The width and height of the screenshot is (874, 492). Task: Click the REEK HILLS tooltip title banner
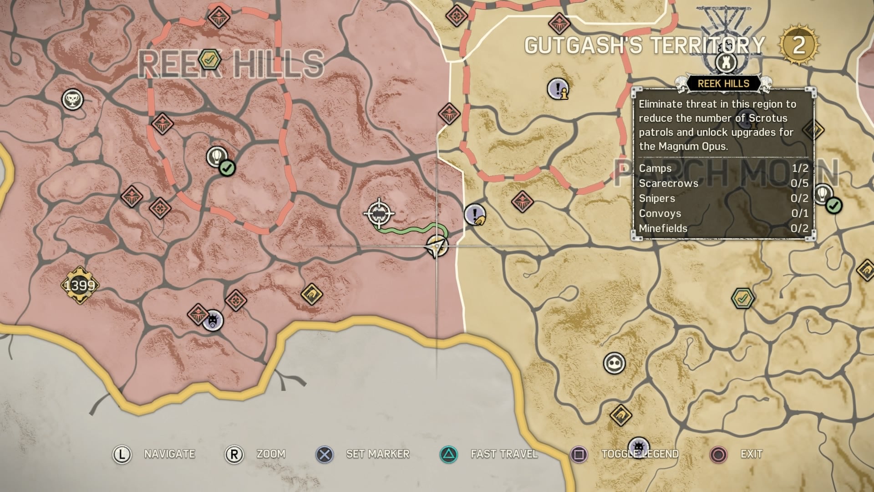point(723,83)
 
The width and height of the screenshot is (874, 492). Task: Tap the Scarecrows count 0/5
point(799,183)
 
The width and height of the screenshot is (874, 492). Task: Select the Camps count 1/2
point(800,168)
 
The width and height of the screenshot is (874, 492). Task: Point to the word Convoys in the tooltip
point(660,213)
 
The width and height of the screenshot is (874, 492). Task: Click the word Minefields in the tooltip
point(663,228)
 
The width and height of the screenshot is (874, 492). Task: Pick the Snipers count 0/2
point(799,198)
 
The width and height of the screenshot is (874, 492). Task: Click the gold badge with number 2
point(798,45)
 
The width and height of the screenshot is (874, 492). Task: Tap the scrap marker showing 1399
point(80,286)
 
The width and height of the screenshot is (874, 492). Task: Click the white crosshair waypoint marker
point(379,213)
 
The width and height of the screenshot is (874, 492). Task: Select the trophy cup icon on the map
point(72,99)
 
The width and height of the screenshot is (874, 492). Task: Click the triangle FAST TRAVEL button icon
point(449,454)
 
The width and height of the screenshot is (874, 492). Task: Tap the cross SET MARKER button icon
point(324,454)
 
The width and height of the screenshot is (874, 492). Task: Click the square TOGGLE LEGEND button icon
point(579,454)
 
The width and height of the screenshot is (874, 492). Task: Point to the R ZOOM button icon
point(234,454)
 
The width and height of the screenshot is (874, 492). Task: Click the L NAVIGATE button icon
point(122,454)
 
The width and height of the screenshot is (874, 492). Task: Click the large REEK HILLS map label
point(231,64)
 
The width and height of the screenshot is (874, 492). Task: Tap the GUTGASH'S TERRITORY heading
point(645,45)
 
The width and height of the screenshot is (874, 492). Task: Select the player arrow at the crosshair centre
point(437,246)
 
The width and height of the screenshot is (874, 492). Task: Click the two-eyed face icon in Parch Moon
point(614,363)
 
